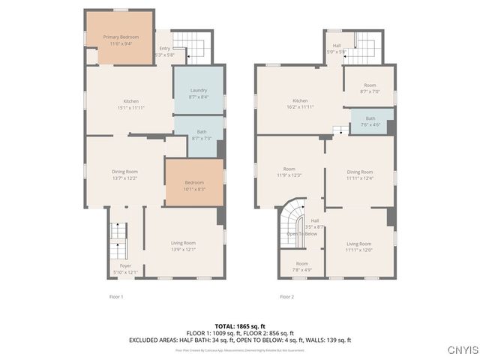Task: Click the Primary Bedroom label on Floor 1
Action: click(120, 40)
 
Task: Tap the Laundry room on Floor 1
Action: click(199, 93)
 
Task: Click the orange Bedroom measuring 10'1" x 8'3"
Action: click(194, 185)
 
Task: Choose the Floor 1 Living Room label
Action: click(184, 245)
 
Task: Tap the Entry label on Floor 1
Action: click(164, 52)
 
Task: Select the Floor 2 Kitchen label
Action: click(300, 103)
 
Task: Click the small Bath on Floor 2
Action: click(370, 121)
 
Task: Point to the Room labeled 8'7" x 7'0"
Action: click(370, 88)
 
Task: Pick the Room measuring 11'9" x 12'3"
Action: click(289, 172)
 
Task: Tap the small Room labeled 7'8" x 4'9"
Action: click(301, 266)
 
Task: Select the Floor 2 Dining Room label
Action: click(359, 175)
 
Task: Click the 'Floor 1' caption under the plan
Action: click(116, 297)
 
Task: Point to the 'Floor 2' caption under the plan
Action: click(286, 297)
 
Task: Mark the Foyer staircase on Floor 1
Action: click(116, 240)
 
